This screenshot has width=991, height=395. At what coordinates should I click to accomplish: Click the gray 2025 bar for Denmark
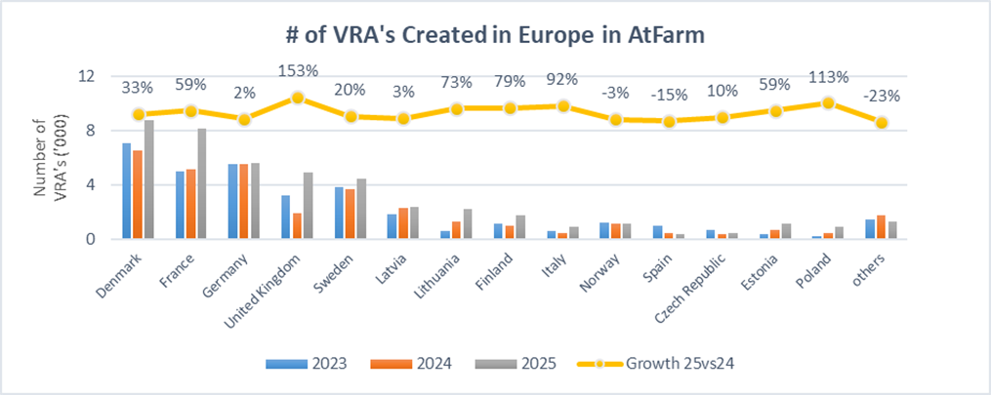(148, 179)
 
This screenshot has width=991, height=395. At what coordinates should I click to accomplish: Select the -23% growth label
(882, 96)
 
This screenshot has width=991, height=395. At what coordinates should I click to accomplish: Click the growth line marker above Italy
(563, 105)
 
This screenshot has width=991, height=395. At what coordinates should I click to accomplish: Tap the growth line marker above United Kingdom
(298, 98)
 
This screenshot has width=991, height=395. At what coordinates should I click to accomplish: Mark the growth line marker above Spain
(670, 121)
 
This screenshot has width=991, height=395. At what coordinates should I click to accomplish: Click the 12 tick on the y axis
(88, 76)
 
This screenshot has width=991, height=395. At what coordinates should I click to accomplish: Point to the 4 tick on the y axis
(90, 184)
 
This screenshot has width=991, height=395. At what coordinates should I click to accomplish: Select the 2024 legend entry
(411, 364)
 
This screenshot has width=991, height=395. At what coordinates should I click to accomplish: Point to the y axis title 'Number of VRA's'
(48, 157)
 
